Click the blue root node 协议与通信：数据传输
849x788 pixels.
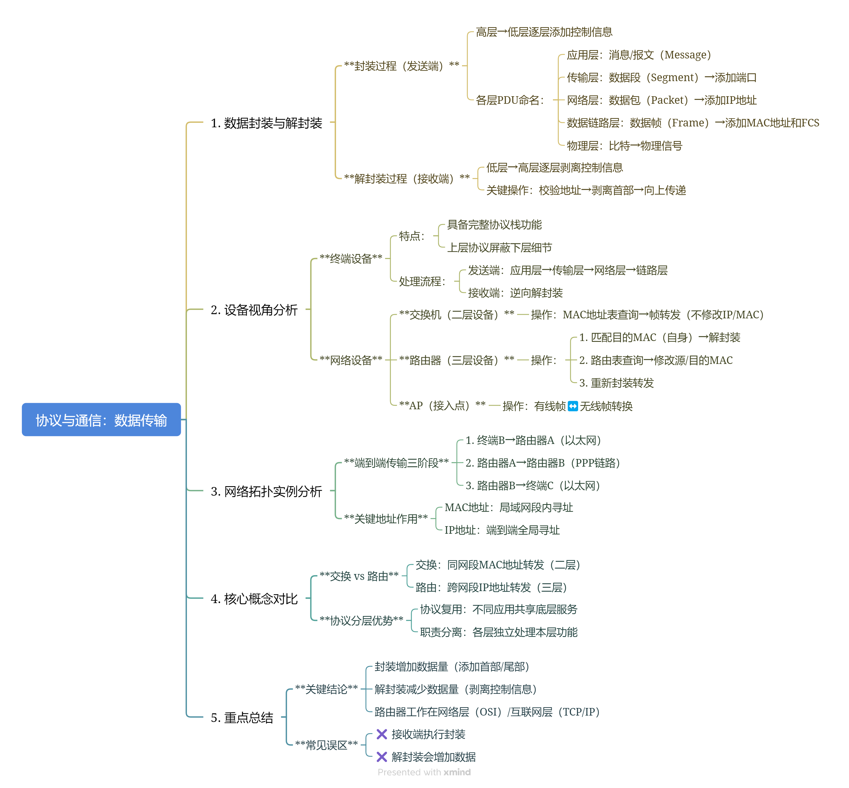(101, 420)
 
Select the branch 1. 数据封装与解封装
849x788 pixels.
(266, 123)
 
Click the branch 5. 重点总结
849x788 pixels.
(242, 718)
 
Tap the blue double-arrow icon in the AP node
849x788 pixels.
(573, 406)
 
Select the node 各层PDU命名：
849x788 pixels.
(510, 100)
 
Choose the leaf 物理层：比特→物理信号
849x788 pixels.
(624, 146)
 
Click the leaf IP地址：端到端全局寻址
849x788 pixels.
(502, 530)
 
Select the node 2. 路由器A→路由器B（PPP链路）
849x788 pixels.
(543, 463)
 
